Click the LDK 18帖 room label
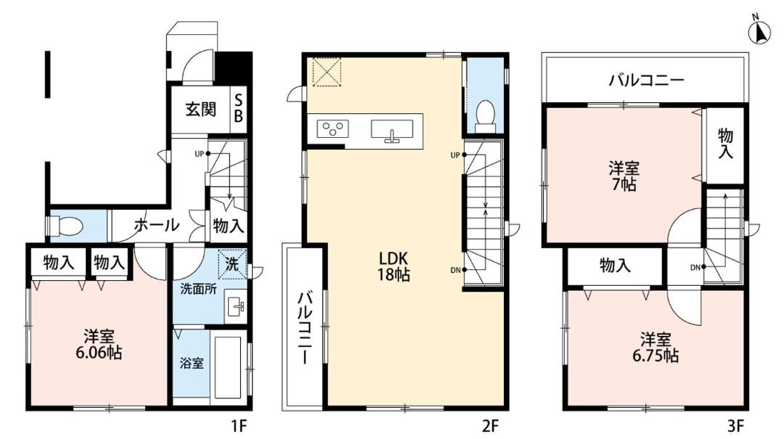coord(394,266)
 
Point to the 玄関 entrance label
coord(201,109)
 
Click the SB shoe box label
coord(239,109)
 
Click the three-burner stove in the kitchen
coord(332,128)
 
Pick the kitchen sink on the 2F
coord(392,129)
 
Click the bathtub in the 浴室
coord(228,366)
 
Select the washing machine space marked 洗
coord(232,264)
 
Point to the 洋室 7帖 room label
coord(624,176)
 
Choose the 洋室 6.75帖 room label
coord(656,348)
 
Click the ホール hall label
coord(157,226)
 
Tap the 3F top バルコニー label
coord(646,80)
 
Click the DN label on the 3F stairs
coord(695,268)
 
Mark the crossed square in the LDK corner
coord(327,72)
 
